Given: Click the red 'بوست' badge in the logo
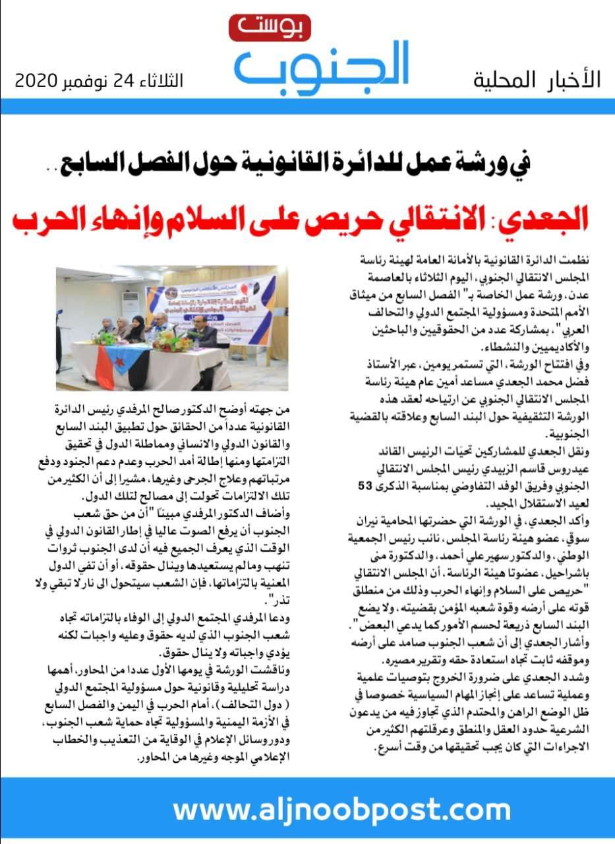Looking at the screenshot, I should (x=260, y=28).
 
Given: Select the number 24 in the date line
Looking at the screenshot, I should (x=123, y=82).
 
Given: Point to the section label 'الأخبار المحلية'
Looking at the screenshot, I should (x=537, y=80).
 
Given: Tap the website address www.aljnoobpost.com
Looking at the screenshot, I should (x=332, y=809).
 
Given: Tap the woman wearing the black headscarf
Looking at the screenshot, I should (x=137, y=327).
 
